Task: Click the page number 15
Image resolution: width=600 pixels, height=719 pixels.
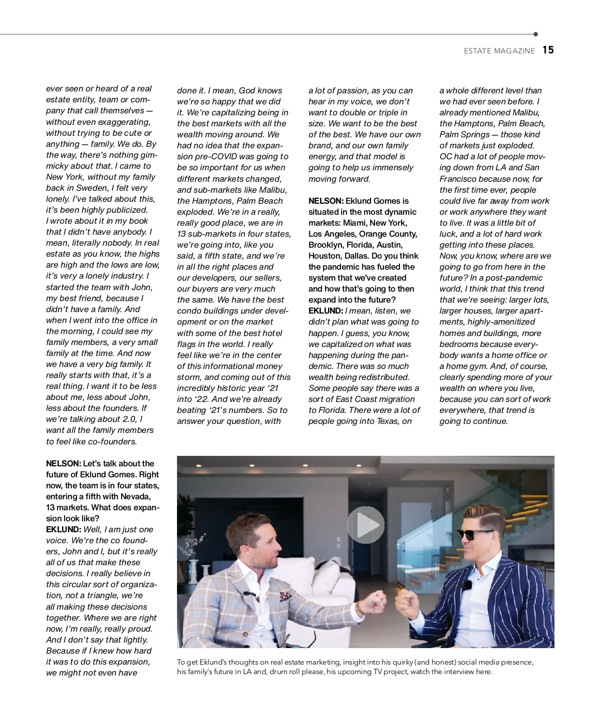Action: (548, 50)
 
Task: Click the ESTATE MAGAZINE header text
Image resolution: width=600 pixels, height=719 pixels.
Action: (499, 51)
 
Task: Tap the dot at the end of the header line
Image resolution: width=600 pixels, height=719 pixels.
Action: (535, 34)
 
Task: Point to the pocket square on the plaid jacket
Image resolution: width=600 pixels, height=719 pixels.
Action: (285, 596)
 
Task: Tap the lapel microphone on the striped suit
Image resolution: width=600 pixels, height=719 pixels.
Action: (467, 585)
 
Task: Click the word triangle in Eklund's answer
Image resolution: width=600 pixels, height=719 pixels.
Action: (96, 595)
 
